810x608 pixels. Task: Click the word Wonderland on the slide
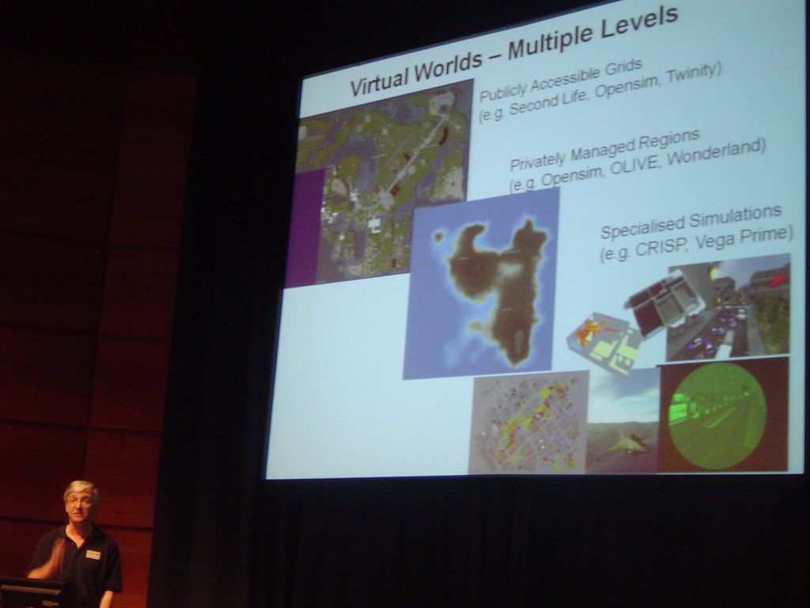coord(715,151)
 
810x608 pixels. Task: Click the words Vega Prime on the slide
coord(744,237)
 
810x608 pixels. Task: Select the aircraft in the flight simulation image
coord(626,444)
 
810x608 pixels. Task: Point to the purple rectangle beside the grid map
coord(305,227)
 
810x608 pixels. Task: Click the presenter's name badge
coord(93,554)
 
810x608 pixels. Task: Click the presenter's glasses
coord(79,501)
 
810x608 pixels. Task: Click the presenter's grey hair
coord(81,488)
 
